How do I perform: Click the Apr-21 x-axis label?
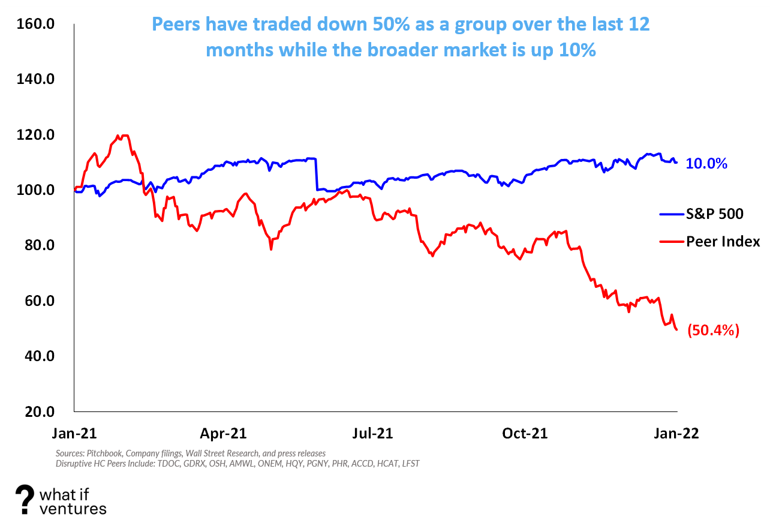coord(224,433)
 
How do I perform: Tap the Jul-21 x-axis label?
coord(372,433)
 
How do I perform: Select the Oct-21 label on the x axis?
coord(525,433)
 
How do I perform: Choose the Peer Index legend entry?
coord(723,242)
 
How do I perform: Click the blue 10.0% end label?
coord(706,164)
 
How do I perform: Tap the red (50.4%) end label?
coord(713,330)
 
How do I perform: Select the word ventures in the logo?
coord(73,509)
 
